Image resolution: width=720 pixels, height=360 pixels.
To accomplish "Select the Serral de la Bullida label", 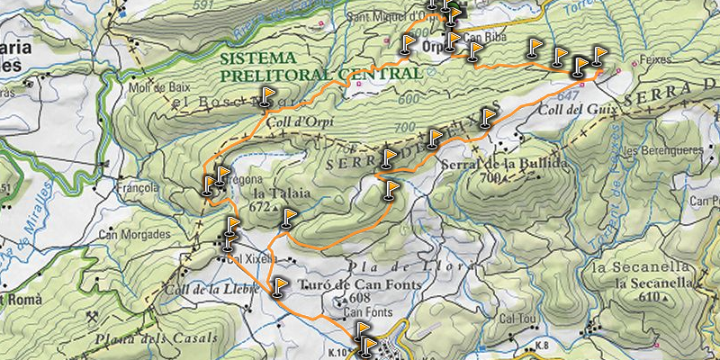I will click(x=505, y=164).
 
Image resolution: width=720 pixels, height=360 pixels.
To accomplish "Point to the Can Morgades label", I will click(x=134, y=235).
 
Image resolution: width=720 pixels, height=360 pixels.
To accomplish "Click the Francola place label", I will click(x=138, y=188).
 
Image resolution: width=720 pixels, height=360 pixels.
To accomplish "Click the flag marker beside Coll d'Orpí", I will click(x=267, y=95).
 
